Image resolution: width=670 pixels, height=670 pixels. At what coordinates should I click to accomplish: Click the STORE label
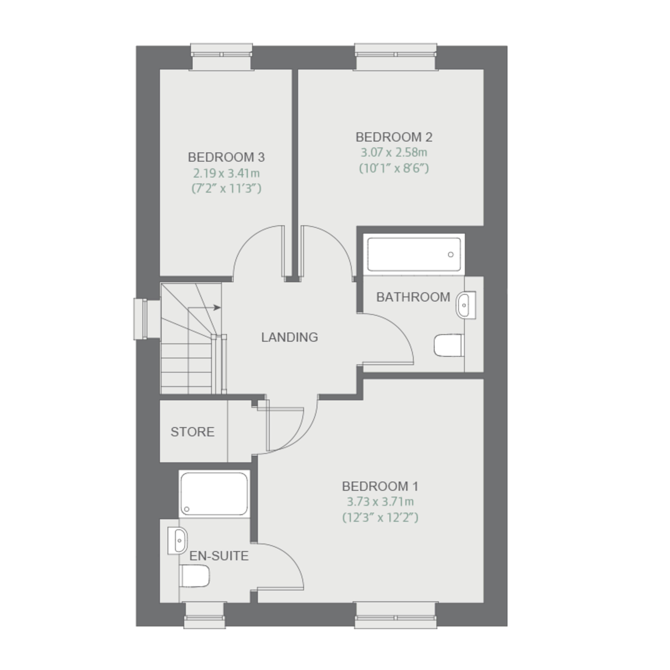point(192,432)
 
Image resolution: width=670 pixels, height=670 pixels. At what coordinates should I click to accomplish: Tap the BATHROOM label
point(413,297)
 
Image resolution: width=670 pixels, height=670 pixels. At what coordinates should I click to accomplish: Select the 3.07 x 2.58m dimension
point(394,152)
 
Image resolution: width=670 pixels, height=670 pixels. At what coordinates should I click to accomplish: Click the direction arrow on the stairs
point(204,308)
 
